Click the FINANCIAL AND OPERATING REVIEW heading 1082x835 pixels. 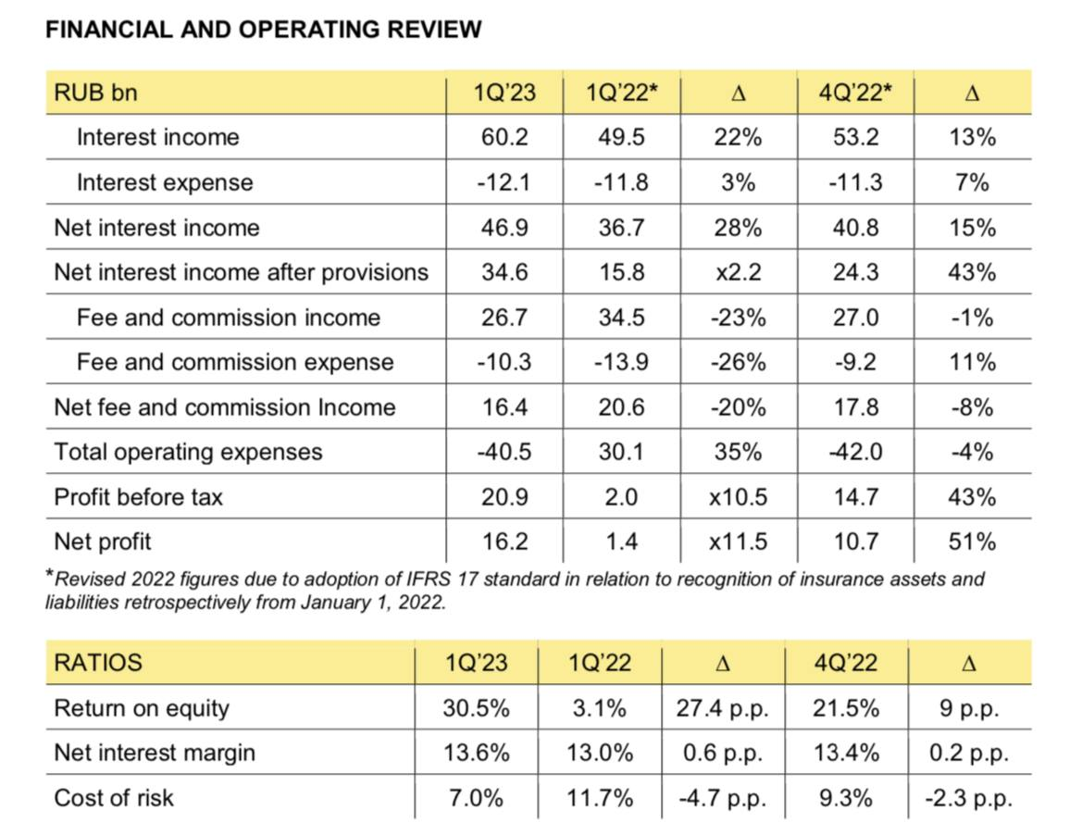264,30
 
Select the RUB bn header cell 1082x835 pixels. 96,93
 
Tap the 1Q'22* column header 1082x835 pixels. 621,93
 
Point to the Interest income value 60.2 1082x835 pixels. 504,138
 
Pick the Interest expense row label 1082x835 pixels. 165,182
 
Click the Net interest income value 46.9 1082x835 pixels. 504,228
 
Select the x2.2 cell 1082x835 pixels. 738,272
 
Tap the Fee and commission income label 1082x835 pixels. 228,318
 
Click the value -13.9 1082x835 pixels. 621,362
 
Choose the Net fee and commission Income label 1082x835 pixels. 225,407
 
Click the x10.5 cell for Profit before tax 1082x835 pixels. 738,497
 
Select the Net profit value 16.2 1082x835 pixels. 504,542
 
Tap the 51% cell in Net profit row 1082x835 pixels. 972,542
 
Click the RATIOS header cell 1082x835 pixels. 98,663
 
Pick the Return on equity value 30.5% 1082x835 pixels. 476,709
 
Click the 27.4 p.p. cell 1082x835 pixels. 723,709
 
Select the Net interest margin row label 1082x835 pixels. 155,754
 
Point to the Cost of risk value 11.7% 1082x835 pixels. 600,798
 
